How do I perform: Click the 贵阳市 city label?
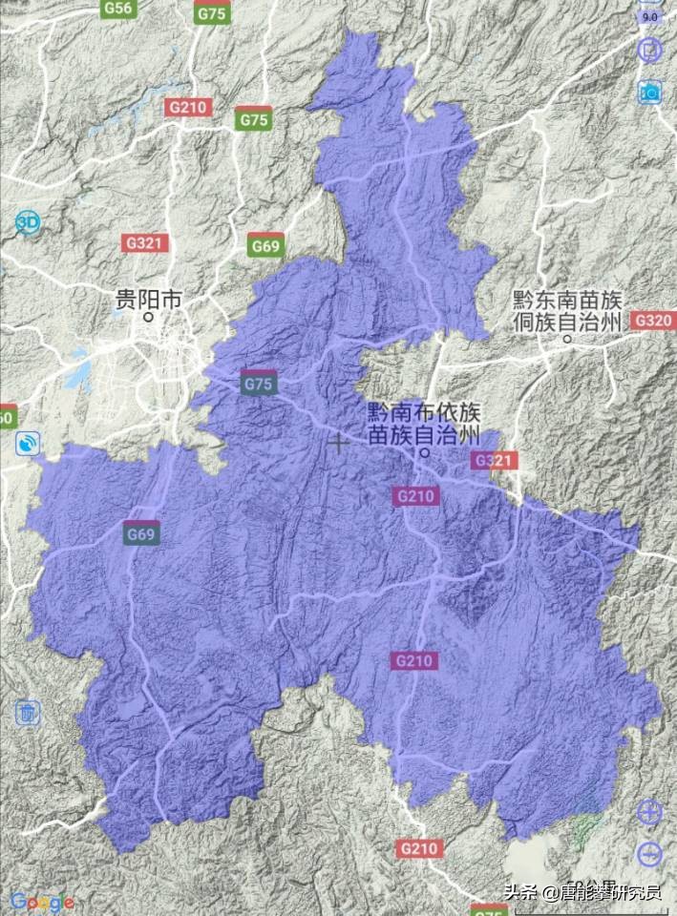pos(147,300)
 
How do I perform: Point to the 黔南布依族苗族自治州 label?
pos(425,424)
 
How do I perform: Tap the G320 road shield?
pos(653,321)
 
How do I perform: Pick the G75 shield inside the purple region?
pos(259,383)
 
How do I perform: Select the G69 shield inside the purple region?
pos(141,534)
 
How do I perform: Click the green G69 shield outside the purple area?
pos(265,246)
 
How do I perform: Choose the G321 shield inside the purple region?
pos(494,461)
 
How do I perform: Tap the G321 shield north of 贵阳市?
pos(145,243)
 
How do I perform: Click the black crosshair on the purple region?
pos(337,443)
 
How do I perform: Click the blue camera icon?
pos(650,92)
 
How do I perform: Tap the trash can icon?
pos(28,712)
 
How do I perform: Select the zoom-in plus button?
pos(649,813)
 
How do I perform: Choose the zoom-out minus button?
pos(649,854)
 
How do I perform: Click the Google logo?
pos(43,901)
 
